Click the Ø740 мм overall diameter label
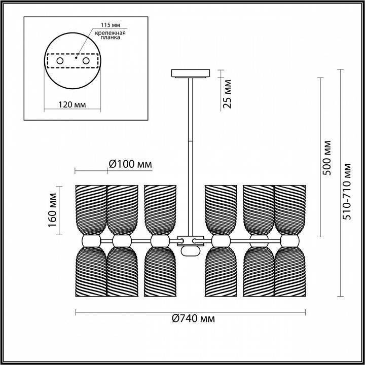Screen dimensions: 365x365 (x=193, y=318)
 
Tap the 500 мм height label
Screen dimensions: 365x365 (x=326, y=158)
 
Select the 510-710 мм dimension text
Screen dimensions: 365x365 (x=347, y=192)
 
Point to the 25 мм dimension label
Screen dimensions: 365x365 (x=227, y=94)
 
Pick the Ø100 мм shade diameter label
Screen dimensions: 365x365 (x=130, y=164)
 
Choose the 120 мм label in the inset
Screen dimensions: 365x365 (x=72, y=105)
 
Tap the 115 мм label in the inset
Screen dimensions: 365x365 (x=111, y=25)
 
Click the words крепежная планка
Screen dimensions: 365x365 (x=111, y=35)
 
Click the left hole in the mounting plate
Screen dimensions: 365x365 (x=60, y=61)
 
